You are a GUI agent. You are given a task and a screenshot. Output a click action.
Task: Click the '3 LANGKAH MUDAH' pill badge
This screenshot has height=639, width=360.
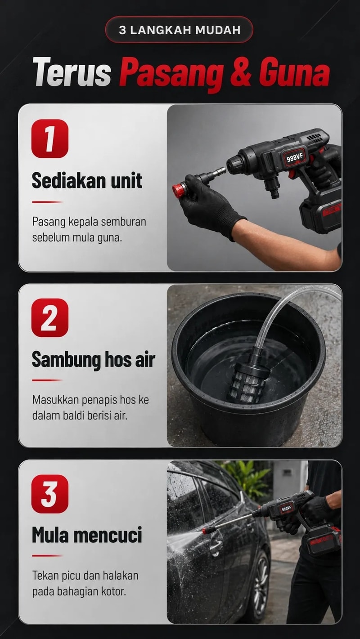pos(179,30)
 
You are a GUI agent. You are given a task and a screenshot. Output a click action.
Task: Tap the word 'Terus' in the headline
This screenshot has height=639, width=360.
pos(72,71)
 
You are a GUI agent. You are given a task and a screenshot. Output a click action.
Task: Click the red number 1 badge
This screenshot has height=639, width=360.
pos(50,139)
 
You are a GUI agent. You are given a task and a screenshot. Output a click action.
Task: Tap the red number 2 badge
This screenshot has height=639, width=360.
pos(50,317)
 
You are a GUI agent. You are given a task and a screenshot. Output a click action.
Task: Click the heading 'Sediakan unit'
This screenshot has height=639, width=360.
pos(87,180)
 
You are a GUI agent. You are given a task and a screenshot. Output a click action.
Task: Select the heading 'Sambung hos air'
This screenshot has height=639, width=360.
pos(93,359)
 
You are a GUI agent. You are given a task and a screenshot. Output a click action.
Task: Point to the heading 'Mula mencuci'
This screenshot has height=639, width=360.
pos(87,535)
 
